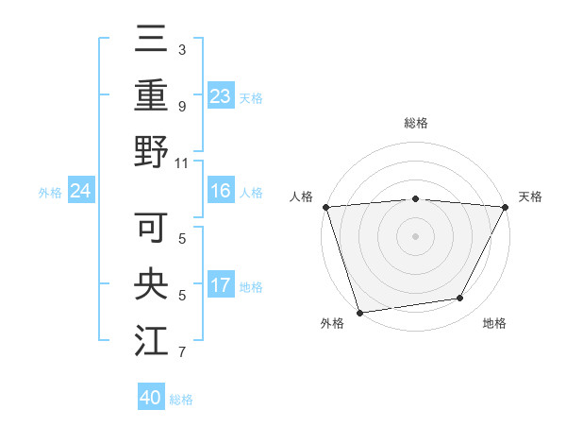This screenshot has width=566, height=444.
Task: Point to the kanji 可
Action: coord(152,228)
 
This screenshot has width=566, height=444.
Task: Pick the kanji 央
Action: coord(152,284)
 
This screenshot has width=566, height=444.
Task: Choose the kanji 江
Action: coord(152,340)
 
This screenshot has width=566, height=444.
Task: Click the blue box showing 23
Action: coord(221,95)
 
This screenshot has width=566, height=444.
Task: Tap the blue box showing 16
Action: coord(221,191)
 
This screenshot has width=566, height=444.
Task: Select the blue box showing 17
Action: coord(221,285)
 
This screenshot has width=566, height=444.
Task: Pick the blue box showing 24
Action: coord(80,192)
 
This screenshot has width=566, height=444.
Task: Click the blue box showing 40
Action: coord(151,398)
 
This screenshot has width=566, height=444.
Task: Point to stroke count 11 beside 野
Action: coord(183,162)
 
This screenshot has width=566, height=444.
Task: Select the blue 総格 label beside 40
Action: coord(181,400)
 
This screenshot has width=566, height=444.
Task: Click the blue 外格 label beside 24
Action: coord(50,193)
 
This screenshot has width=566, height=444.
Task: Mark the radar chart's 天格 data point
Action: coord(506,207)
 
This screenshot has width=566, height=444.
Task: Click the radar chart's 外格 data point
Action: coord(359,312)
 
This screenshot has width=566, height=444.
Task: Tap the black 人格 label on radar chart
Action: coord(303,196)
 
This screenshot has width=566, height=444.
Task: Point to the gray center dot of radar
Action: coord(415,236)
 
